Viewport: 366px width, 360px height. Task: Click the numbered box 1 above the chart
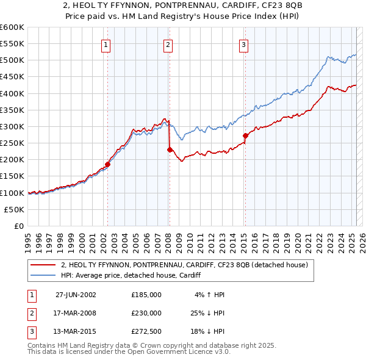click(x=106, y=44)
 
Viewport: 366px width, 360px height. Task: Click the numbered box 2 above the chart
click(x=168, y=44)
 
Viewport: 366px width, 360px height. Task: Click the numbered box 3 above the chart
click(x=243, y=44)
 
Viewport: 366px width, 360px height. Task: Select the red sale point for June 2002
click(x=108, y=164)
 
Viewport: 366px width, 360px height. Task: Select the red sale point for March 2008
click(x=170, y=149)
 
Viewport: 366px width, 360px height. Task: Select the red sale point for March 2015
click(x=245, y=135)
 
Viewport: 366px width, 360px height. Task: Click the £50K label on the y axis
click(x=15, y=209)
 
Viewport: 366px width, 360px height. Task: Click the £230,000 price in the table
click(x=146, y=313)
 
